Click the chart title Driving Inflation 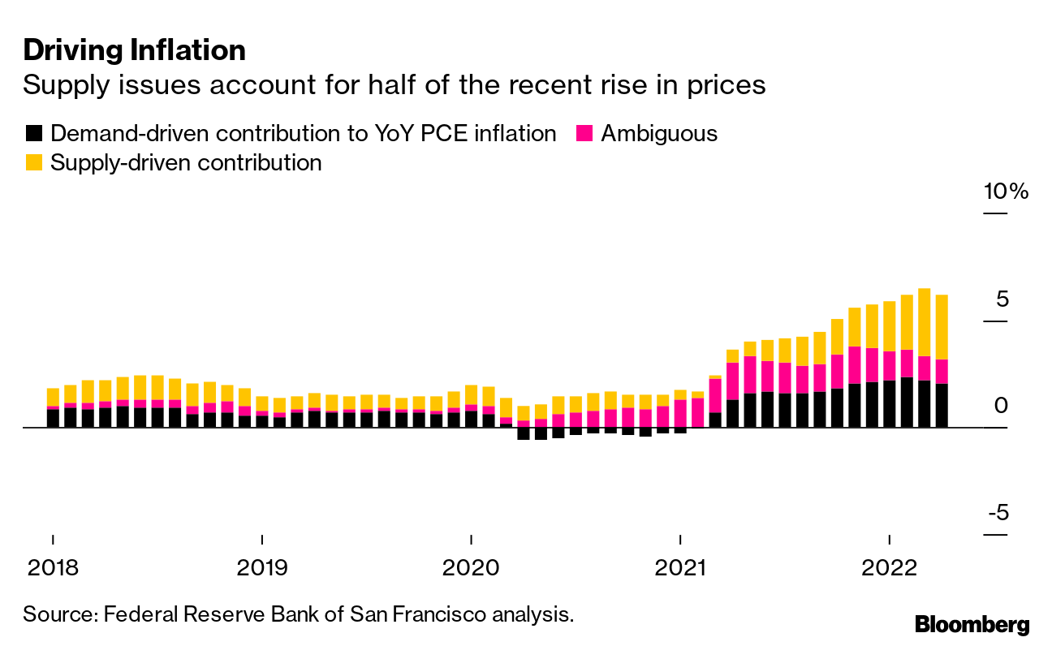pos(134,50)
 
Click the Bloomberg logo pos(972,624)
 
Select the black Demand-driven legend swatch pos(33,133)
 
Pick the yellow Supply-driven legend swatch pos(33,162)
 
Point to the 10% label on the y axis pos(1006,192)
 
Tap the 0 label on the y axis pos(1001,406)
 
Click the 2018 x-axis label pos(53,567)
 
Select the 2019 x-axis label pos(262,567)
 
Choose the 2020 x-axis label pos(471,567)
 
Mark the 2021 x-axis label pos(680,567)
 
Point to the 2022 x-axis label pos(890,567)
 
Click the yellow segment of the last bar pos(942,326)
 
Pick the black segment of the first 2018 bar pos(54,418)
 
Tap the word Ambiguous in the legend pos(659,133)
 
